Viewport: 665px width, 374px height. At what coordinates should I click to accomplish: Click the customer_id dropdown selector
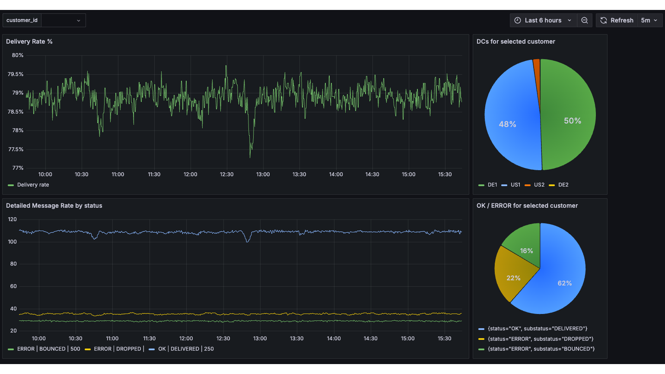pos(63,20)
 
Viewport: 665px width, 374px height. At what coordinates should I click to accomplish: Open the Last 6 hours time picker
pos(543,20)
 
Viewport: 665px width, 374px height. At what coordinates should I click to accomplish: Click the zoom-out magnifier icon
pos(585,20)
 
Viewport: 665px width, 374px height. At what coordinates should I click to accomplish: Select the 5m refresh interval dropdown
pos(649,20)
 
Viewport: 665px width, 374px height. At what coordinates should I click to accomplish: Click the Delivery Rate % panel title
pos(29,41)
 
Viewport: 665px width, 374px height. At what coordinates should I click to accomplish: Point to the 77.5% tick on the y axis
pos(16,149)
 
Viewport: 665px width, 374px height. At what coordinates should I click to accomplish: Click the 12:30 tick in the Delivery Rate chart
pos(226,174)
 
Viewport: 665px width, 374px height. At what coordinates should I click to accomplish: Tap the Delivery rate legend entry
pos(33,185)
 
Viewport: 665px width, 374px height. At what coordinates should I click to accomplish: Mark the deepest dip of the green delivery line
pos(250,156)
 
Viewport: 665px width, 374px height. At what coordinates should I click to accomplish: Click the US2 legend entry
pos(539,185)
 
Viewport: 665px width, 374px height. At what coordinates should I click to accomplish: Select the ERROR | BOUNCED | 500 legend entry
pos(48,349)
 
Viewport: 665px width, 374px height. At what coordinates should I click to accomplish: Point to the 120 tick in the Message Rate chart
pos(13,219)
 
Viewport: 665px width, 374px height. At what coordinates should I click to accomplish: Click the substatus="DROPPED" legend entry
pos(540,339)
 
